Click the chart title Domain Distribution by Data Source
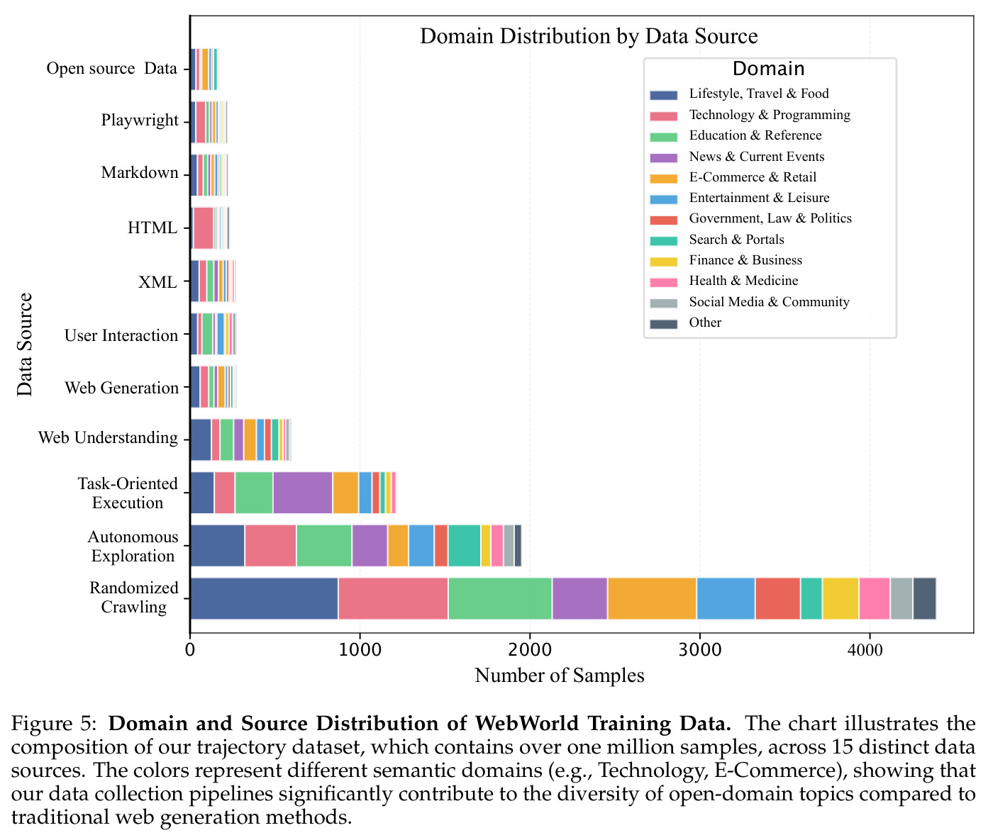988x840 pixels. [x=589, y=37]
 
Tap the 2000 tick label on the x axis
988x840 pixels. [x=530, y=650]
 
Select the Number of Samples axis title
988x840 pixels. [x=559, y=676]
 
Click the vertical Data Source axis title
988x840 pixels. [x=25, y=345]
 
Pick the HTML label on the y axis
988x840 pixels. [x=152, y=228]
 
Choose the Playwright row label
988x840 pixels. [x=140, y=121]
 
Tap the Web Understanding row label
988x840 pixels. [x=108, y=437]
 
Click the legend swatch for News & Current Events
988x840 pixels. [x=663, y=157]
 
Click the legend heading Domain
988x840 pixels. [x=769, y=69]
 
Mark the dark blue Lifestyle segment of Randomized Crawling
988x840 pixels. [x=265, y=599]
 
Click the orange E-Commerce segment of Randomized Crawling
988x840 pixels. [x=652, y=599]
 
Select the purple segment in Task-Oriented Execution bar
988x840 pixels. [x=303, y=493]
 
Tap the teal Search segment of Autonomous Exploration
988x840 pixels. [x=464, y=546]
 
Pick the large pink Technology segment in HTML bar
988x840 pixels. [x=204, y=228]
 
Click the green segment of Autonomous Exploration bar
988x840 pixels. [x=324, y=546]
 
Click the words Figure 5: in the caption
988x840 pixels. [x=53, y=724]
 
